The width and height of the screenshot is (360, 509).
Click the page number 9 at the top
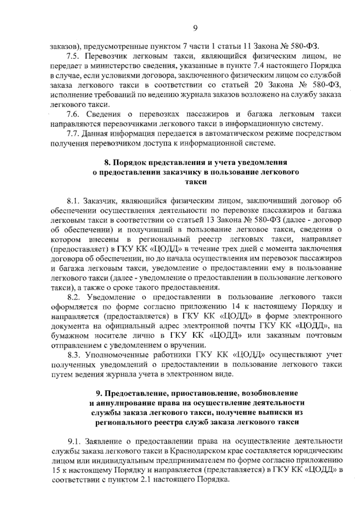coord(195,28)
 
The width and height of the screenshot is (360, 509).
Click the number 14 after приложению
coord(236,307)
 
